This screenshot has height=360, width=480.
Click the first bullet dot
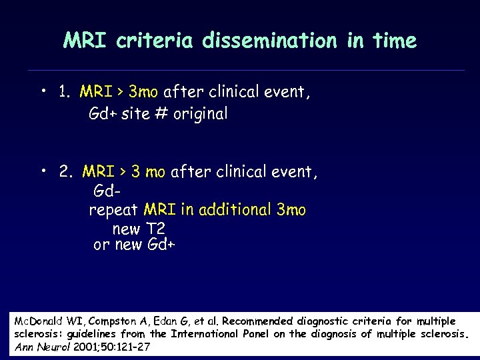point(43,89)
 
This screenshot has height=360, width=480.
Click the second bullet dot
point(43,171)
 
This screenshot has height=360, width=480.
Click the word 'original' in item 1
point(200,114)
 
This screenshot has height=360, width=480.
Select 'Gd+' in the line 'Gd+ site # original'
point(103,114)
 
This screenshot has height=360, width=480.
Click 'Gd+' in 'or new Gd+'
point(161,245)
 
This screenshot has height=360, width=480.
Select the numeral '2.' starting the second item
point(66,173)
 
